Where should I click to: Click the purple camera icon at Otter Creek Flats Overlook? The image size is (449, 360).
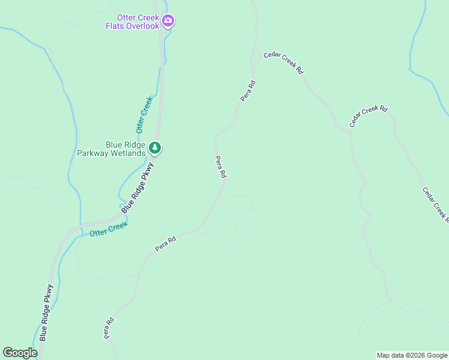169,22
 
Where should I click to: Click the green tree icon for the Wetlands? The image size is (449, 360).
155,148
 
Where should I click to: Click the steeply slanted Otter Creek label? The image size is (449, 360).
145,114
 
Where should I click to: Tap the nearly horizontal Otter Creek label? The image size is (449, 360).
109,229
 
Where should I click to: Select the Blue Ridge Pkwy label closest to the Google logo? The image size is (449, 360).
47,312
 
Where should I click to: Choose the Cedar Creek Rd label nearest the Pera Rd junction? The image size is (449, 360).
283,63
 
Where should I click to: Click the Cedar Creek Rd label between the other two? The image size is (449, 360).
369,116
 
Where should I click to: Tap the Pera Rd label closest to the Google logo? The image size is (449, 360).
109,328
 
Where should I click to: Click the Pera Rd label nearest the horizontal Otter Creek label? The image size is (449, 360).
165,244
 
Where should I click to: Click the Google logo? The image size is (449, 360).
20,353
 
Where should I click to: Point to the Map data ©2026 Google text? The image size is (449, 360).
412,355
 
